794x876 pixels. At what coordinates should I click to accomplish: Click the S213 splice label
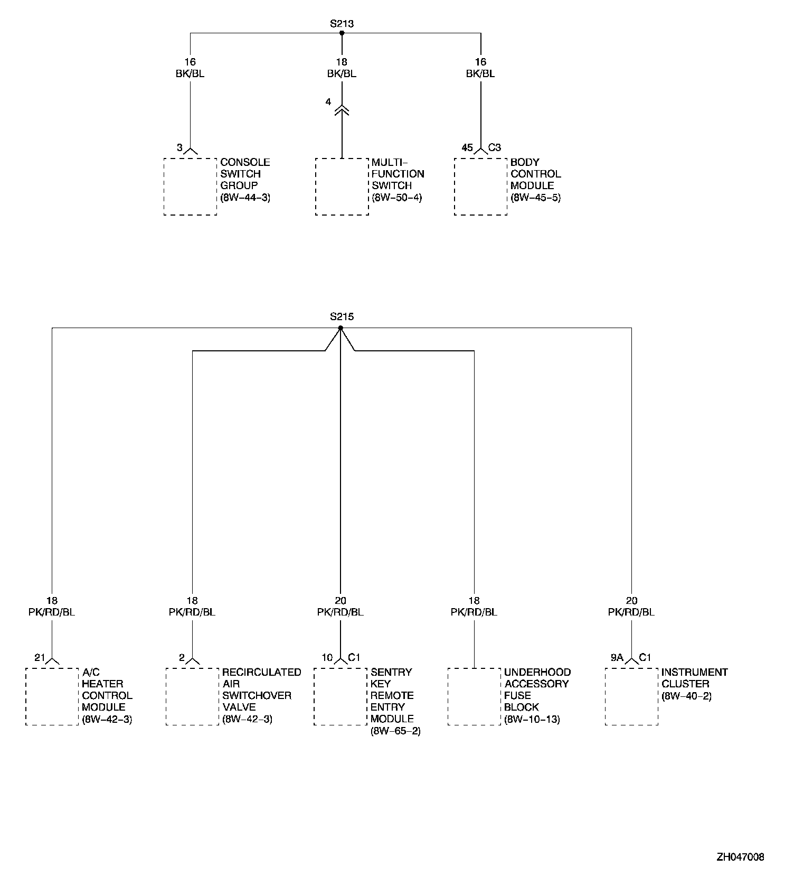[342, 23]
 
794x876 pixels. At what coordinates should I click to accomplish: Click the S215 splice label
[342, 316]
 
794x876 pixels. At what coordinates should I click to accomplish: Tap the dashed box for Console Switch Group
[190, 187]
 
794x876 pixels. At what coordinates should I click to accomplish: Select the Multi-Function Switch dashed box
[342, 187]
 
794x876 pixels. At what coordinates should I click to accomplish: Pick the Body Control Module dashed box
[480, 187]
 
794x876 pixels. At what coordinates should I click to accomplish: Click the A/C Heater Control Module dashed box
[52, 696]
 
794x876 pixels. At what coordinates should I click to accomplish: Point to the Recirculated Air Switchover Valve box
[192, 696]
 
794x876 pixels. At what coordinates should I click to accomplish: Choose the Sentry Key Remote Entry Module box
[341, 696]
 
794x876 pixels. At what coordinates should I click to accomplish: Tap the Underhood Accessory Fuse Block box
[474, 696]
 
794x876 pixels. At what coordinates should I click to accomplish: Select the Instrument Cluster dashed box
[631, 696]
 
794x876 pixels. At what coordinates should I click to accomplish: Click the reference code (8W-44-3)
[245, 198]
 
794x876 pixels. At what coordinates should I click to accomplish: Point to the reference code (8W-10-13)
[532, 719]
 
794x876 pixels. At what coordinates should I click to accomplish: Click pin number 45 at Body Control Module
[467, 147]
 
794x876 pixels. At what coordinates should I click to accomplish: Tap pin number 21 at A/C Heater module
[40, 658]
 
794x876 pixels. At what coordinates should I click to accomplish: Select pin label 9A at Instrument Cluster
[617, 658]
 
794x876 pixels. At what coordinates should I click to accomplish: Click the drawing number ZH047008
[740, 856]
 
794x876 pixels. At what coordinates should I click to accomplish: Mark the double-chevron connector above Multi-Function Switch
[342, 110]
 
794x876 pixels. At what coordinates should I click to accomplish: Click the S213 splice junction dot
[342, 33]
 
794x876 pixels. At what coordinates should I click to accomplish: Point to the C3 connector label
[495, 147]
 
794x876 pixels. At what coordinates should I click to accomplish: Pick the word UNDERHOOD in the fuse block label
[537, 672]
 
